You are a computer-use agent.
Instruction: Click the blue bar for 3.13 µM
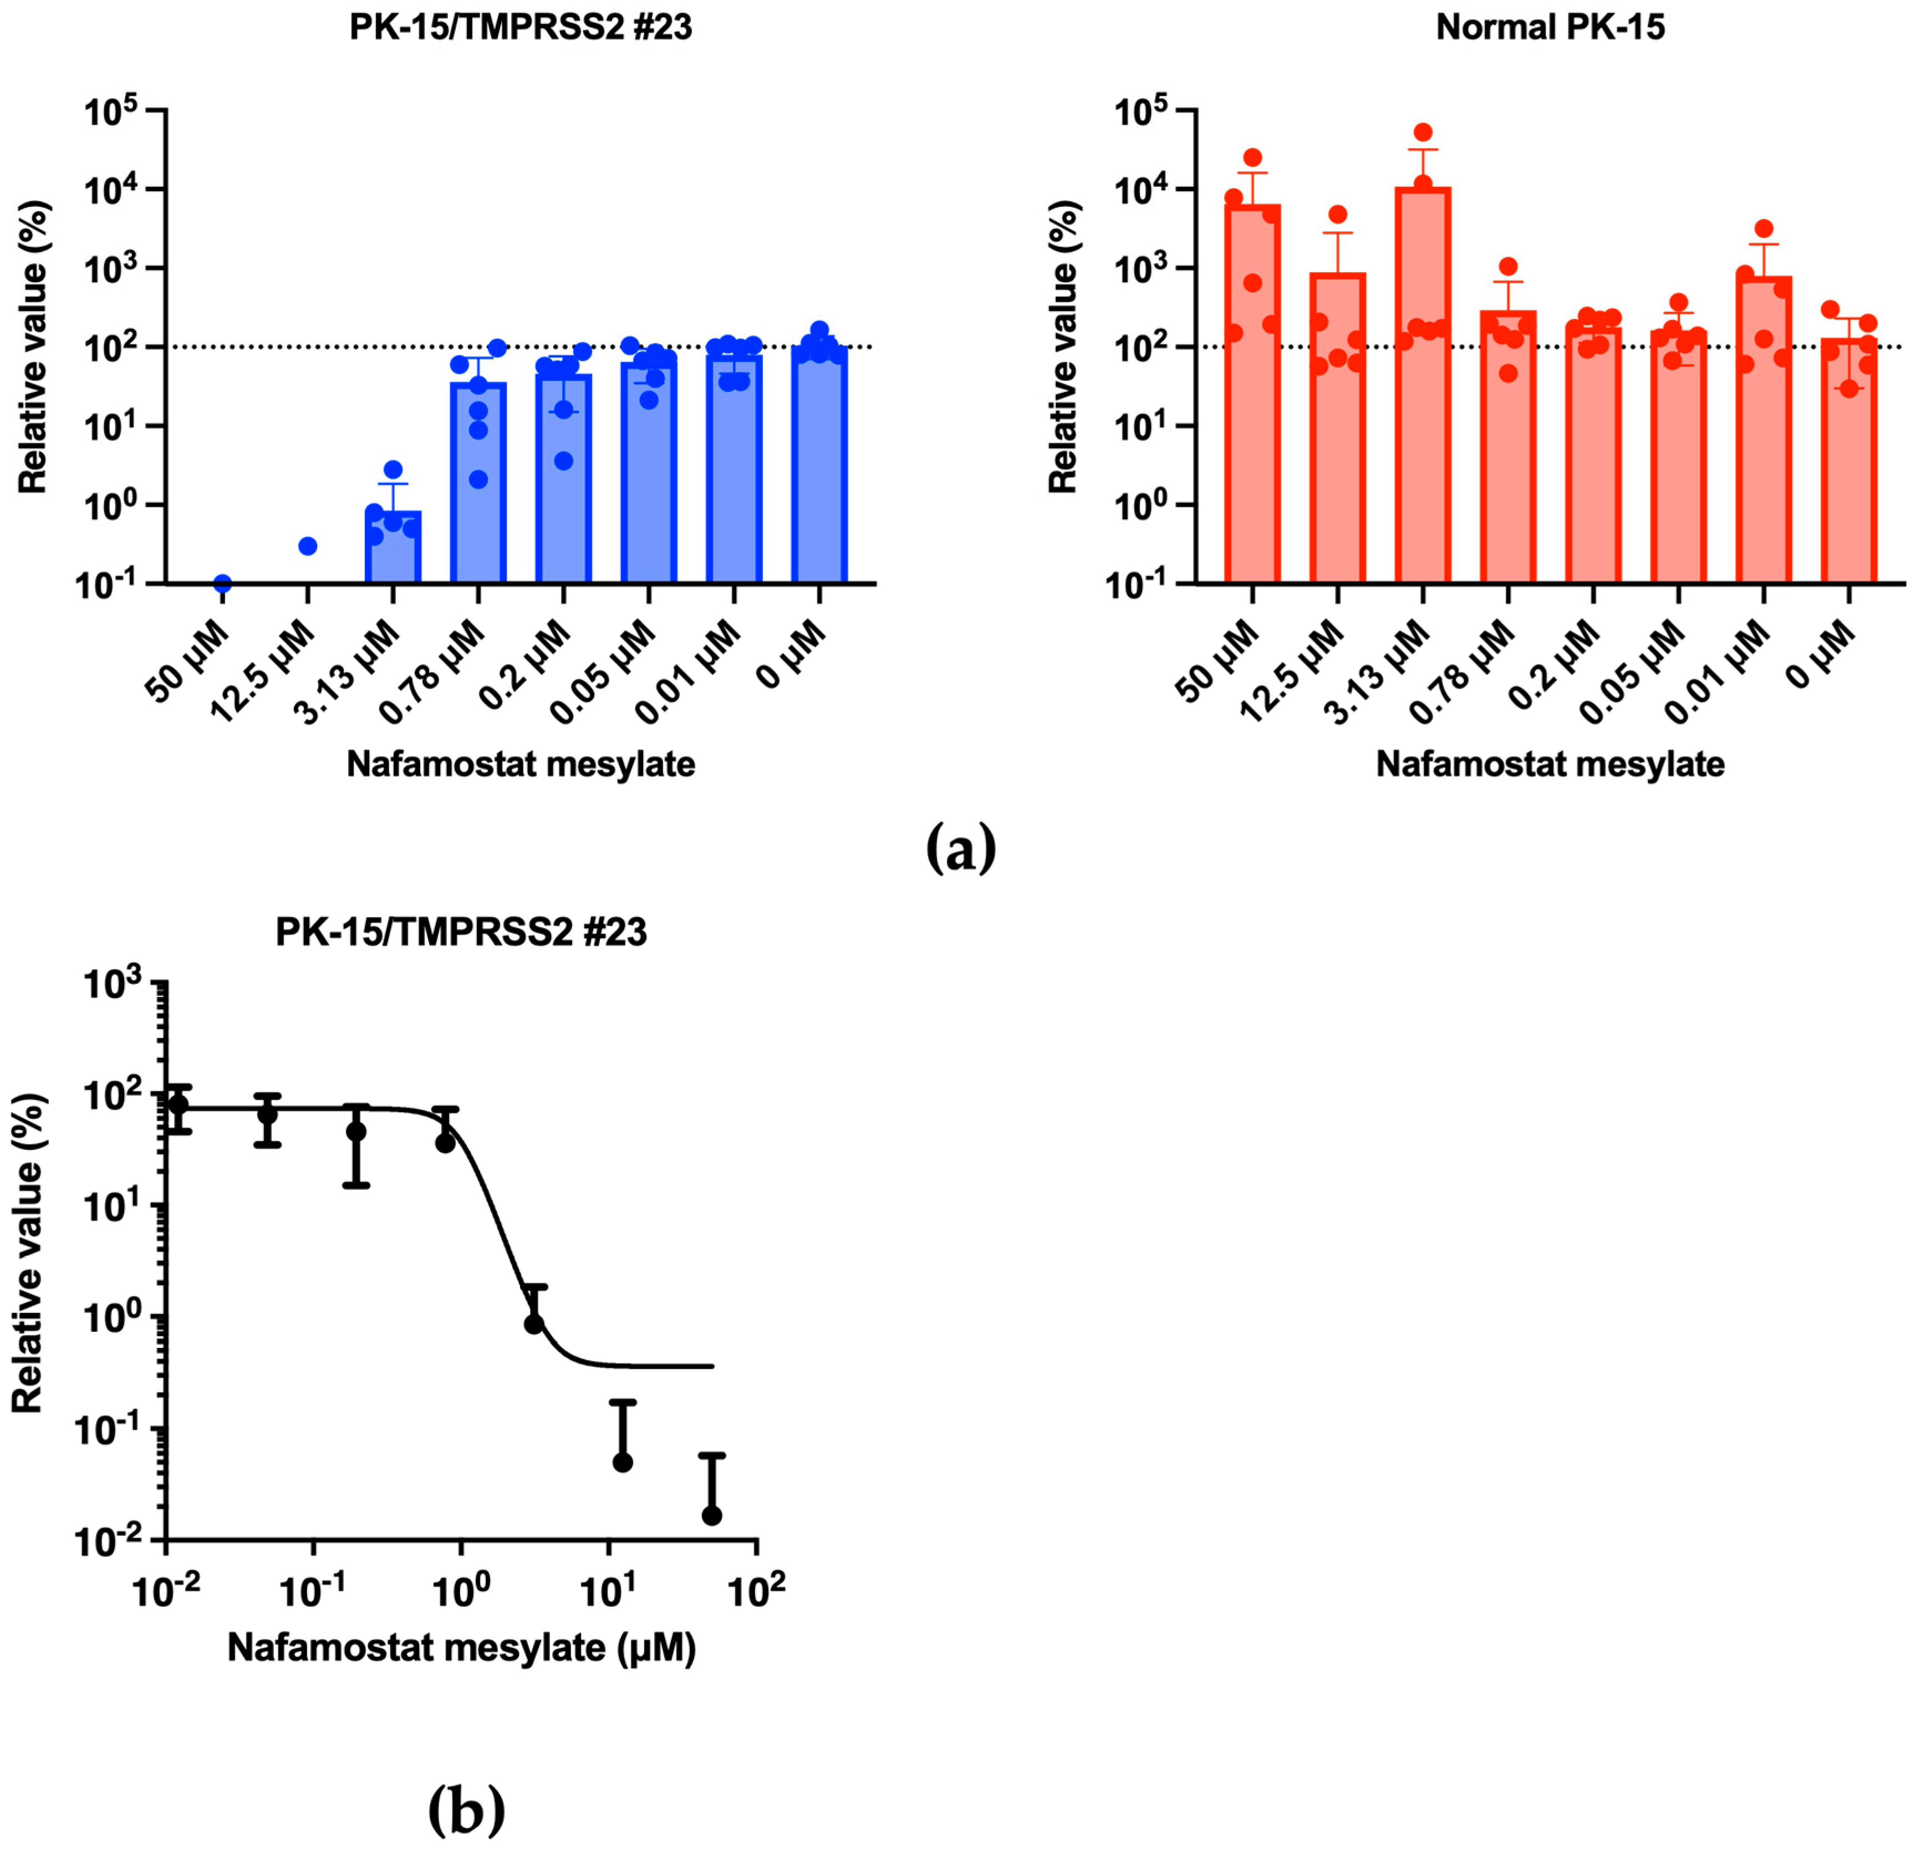click(x=393, y=547)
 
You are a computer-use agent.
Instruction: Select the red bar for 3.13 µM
click(x=1422, y=392)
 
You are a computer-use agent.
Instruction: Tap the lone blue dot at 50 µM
click(x=222, y=584)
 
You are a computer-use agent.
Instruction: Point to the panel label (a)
click(x=960, y=849)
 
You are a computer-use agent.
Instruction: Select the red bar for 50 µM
click(x=1252, y=392)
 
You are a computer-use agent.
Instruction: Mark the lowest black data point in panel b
click(x=712, y=1515)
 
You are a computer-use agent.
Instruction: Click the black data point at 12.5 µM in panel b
click(x=623, y=1462)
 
